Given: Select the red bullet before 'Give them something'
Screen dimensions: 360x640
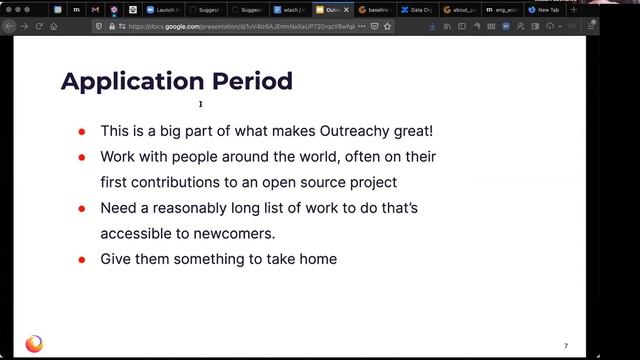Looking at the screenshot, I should click(x=81, y=259).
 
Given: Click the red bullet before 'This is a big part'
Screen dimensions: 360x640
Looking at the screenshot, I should click(x=81, y=131).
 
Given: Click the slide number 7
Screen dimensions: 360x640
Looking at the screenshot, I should click(x=566, y=346).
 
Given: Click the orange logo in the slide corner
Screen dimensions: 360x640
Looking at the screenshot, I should click(x=34, y=344).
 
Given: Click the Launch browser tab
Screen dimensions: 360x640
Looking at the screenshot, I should click(x=165, y=9).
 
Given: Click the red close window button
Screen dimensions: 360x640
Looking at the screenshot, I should click(x=7, y=9).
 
